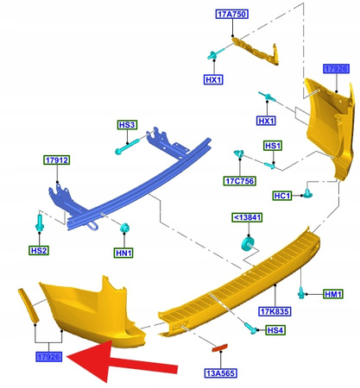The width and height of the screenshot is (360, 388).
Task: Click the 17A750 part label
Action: click(231, 14)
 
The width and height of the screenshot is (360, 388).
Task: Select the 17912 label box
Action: click(57, 160)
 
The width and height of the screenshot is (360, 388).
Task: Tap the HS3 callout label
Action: click(127, 125)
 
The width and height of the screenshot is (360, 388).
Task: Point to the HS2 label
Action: click(39, 250)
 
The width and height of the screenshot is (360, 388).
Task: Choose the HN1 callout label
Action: click(123, 253)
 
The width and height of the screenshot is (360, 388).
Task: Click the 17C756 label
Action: click(240, 181)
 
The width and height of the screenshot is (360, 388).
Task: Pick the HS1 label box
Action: click(273, 146)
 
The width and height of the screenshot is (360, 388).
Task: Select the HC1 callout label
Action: click(282, 196)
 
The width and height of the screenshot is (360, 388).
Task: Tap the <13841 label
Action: click(247, 217)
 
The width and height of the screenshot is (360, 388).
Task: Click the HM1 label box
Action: click(333, 294)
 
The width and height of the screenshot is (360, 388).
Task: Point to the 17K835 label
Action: click(275, 311)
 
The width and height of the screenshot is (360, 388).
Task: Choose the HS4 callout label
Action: click(275, 330)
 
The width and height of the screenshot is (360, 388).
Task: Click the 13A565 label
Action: click(221, 373)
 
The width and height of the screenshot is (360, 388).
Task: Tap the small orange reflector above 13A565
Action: click(219, 347)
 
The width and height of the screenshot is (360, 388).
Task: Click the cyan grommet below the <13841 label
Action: click(247, 243)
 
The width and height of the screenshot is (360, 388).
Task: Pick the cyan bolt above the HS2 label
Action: click(40, 223)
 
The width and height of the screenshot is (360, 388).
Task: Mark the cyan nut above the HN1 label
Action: click(125, 228)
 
